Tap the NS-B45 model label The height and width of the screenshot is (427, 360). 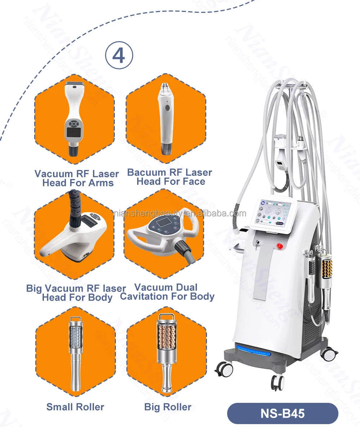(x=283, y=413)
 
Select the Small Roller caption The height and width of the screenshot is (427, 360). (x=75, y=407)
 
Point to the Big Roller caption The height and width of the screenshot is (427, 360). (x=168, y=407)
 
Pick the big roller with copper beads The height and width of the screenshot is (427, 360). (x=166, y=351)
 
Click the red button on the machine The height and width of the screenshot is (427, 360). (x=279, y=245)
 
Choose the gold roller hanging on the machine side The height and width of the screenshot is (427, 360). (x=327, y=268)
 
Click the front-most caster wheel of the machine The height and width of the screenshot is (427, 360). (x=277, y=382)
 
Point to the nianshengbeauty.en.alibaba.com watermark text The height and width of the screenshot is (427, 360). (x=180, y=213)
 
